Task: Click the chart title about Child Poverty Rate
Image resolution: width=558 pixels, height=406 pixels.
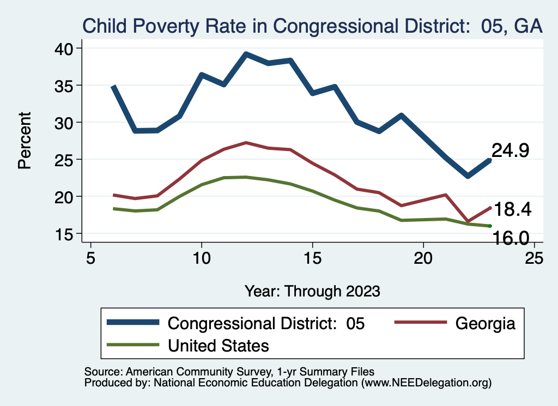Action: tap(312, 26)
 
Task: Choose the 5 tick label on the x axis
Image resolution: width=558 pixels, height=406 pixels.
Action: tap(90, 258)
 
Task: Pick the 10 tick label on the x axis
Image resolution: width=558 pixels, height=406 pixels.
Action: tap(202, 258)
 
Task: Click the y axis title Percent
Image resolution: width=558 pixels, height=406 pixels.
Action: tap(25, 140)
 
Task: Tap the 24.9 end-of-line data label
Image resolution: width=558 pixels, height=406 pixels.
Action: tap(511, 150)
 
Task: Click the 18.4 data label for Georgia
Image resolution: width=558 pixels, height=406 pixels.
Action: tap(512, 209)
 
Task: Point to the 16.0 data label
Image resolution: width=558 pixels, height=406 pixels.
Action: tap(511, 238)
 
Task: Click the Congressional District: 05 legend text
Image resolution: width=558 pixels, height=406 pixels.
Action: tap(266, 323)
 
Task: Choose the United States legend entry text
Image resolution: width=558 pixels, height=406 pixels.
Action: tap(218, 345)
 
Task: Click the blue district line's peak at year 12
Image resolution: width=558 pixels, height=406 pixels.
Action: tap(246, 54)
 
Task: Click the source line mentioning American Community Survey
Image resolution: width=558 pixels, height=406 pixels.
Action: tap(229, 372)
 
